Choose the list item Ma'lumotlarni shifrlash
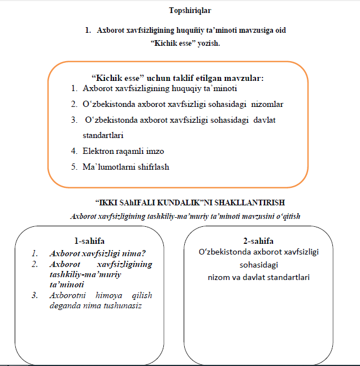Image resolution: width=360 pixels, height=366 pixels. pos(125,167)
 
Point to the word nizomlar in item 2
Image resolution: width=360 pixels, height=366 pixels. pos(268,104)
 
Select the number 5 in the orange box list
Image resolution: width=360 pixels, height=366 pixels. pos(74,167)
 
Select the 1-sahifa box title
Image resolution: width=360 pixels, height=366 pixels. pos(89,240)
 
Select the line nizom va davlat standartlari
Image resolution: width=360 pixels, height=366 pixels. pos(257,277)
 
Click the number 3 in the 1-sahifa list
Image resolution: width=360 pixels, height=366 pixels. pos(35,295)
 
